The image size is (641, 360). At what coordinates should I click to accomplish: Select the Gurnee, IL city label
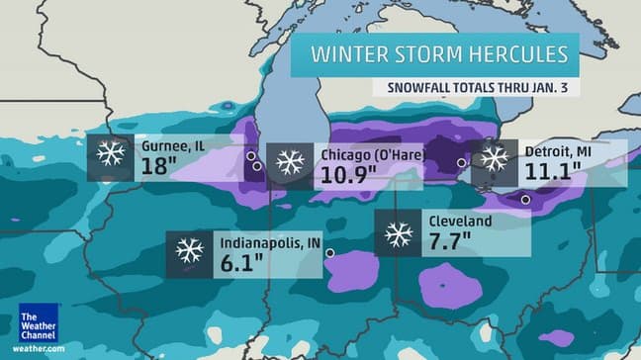click(172, 145)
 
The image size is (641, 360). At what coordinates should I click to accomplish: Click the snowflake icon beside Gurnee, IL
click(110, 154)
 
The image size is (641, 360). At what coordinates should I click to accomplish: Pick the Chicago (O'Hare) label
click(367, 155)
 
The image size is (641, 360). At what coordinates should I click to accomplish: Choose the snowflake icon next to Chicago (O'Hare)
click(290, 163)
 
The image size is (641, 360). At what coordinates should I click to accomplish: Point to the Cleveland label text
click(460, 222)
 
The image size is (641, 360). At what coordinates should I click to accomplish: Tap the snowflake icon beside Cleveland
click(399, 233)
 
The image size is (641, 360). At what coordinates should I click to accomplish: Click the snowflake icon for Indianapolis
click(189, 250)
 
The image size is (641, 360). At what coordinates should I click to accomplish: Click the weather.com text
click(40, 349)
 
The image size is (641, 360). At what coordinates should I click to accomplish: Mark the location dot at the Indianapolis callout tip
click(330, 253)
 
